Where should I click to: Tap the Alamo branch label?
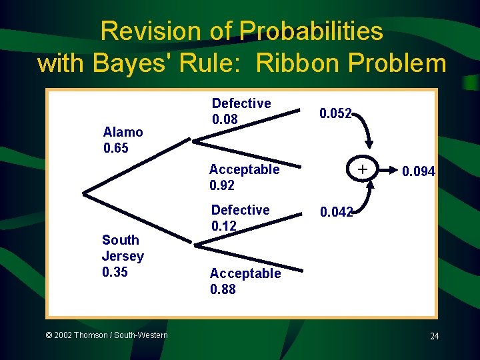tap(123, 132)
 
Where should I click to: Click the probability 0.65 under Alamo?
tap(116, 147)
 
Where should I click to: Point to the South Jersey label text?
tap(122, 248)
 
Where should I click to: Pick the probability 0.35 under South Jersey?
tap(114, 272)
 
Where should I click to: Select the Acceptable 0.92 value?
tap(222, 185)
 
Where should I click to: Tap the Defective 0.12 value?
tap(223, 226)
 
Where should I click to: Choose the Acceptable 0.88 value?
tap(223, 289)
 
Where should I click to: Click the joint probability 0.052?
tap(335, 114)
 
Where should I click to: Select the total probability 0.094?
tap(418, 172)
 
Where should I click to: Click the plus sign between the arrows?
tap(362, 170)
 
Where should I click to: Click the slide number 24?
tap(434, 336)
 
